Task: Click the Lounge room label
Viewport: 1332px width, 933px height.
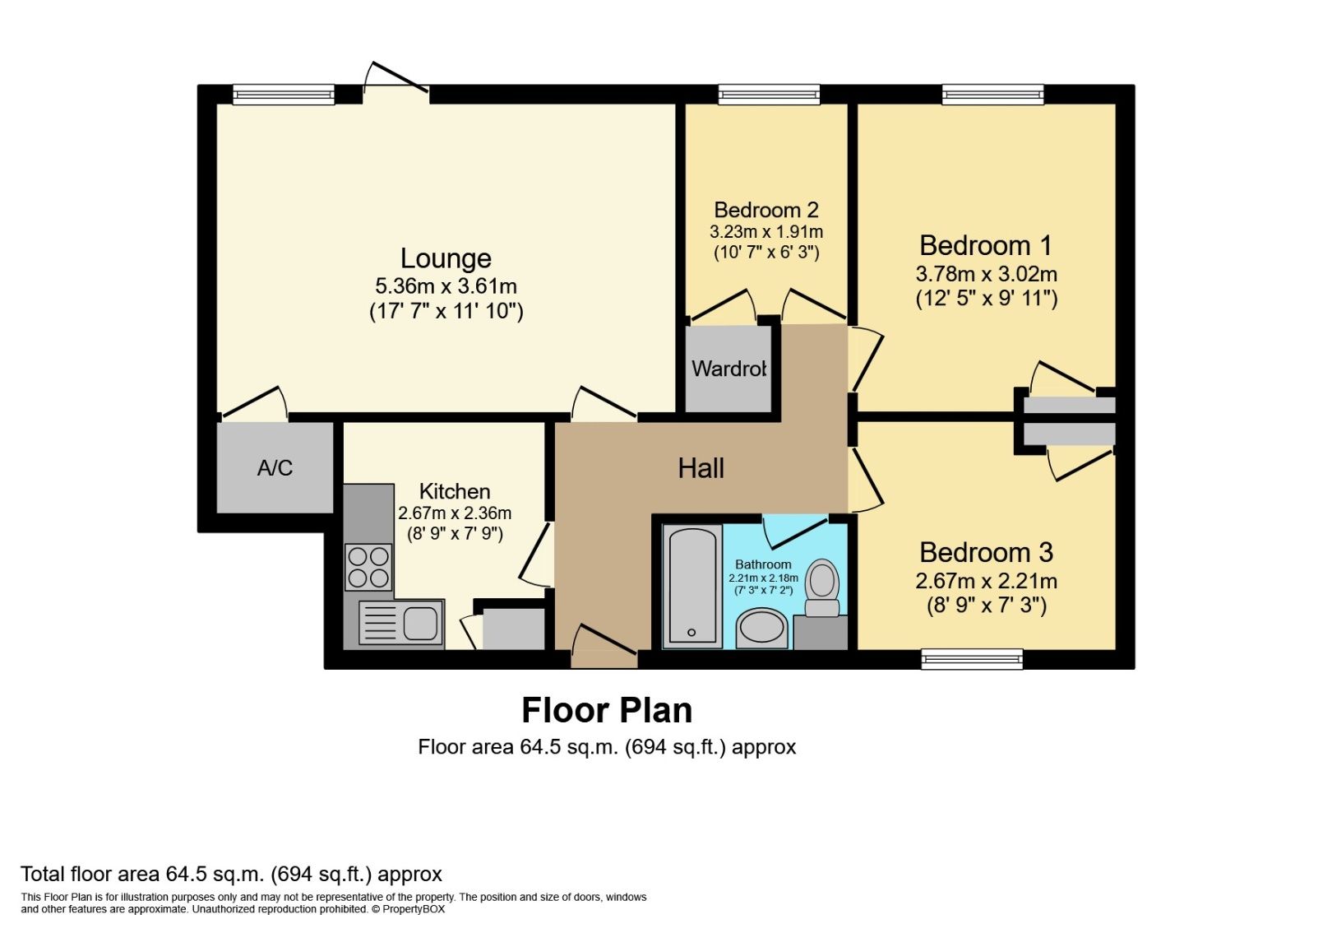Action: point(446,258)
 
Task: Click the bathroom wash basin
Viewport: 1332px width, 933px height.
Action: point(762,629)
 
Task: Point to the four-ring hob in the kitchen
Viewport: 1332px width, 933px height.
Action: point(368,567)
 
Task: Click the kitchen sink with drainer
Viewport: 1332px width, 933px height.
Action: point(401,623)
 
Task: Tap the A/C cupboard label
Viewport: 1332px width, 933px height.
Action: point(275,468)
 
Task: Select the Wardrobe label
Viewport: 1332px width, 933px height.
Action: point(728,369)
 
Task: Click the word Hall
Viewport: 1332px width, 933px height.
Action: point(701,468)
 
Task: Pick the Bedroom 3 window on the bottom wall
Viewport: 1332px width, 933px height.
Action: point(972,658)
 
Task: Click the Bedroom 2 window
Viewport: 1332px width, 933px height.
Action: point(769,95)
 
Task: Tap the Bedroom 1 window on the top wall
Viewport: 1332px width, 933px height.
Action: point(993,95)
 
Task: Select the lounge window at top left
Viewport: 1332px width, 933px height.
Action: point(284,95)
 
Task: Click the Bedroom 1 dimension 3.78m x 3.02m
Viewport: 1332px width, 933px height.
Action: point(986,274)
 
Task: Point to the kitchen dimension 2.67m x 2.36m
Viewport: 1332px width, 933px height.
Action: point(455,513)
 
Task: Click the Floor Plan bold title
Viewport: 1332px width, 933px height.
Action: point(607,710)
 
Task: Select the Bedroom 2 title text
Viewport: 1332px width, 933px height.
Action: point(765,210)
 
